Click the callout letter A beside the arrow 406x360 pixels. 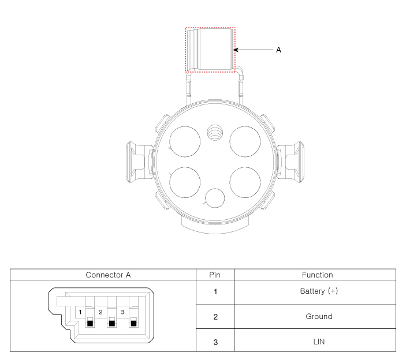(x=278, y=50)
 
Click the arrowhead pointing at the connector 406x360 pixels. (x=236, y=50)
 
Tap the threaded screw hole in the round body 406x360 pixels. (x=215, y=133)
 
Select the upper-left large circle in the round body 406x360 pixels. (x=185, y=141)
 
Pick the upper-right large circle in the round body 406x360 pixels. (x=245, y=141)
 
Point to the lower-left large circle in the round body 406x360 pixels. (x=185, y=182)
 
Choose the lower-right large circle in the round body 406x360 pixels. (x=245, y=182)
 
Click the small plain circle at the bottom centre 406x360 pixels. (x=215, y=198)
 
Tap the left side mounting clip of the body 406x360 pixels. (x=139, y=162)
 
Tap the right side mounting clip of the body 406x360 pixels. (x=290, y=162)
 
